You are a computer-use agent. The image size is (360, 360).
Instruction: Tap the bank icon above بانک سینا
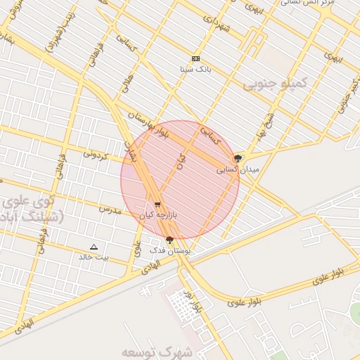click(195, 58)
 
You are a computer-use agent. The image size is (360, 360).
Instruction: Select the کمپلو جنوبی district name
click(276, 84)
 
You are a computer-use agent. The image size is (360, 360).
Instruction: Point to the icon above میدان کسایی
click(237, 159)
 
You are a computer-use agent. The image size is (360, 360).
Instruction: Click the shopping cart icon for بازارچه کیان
click(157, 205)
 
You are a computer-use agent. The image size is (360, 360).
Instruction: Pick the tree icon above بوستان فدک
click(169, 240)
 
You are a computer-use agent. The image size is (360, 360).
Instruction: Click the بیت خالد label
click(94, 257)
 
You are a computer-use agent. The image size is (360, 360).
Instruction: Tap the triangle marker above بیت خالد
click(94, 247)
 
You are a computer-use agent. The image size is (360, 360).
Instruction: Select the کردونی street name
click(95, 153)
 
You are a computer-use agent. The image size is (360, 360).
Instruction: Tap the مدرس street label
click(110, 210)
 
